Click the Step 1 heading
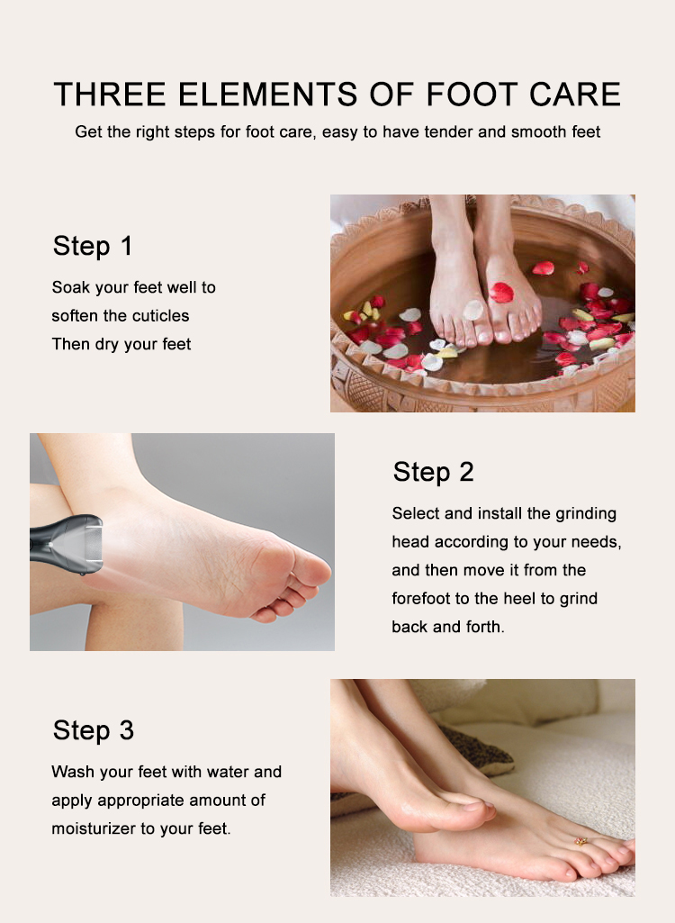click(93, 246)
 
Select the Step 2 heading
click(433, 472)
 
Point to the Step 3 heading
click(94, 730)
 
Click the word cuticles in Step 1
click(161, 316)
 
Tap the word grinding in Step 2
click(583, 514)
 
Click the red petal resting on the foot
click(500, 292)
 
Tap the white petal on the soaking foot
click(472, 310)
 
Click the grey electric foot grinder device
click(67, 543)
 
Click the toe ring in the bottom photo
click(580, 842)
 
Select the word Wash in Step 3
click(70, 772)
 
